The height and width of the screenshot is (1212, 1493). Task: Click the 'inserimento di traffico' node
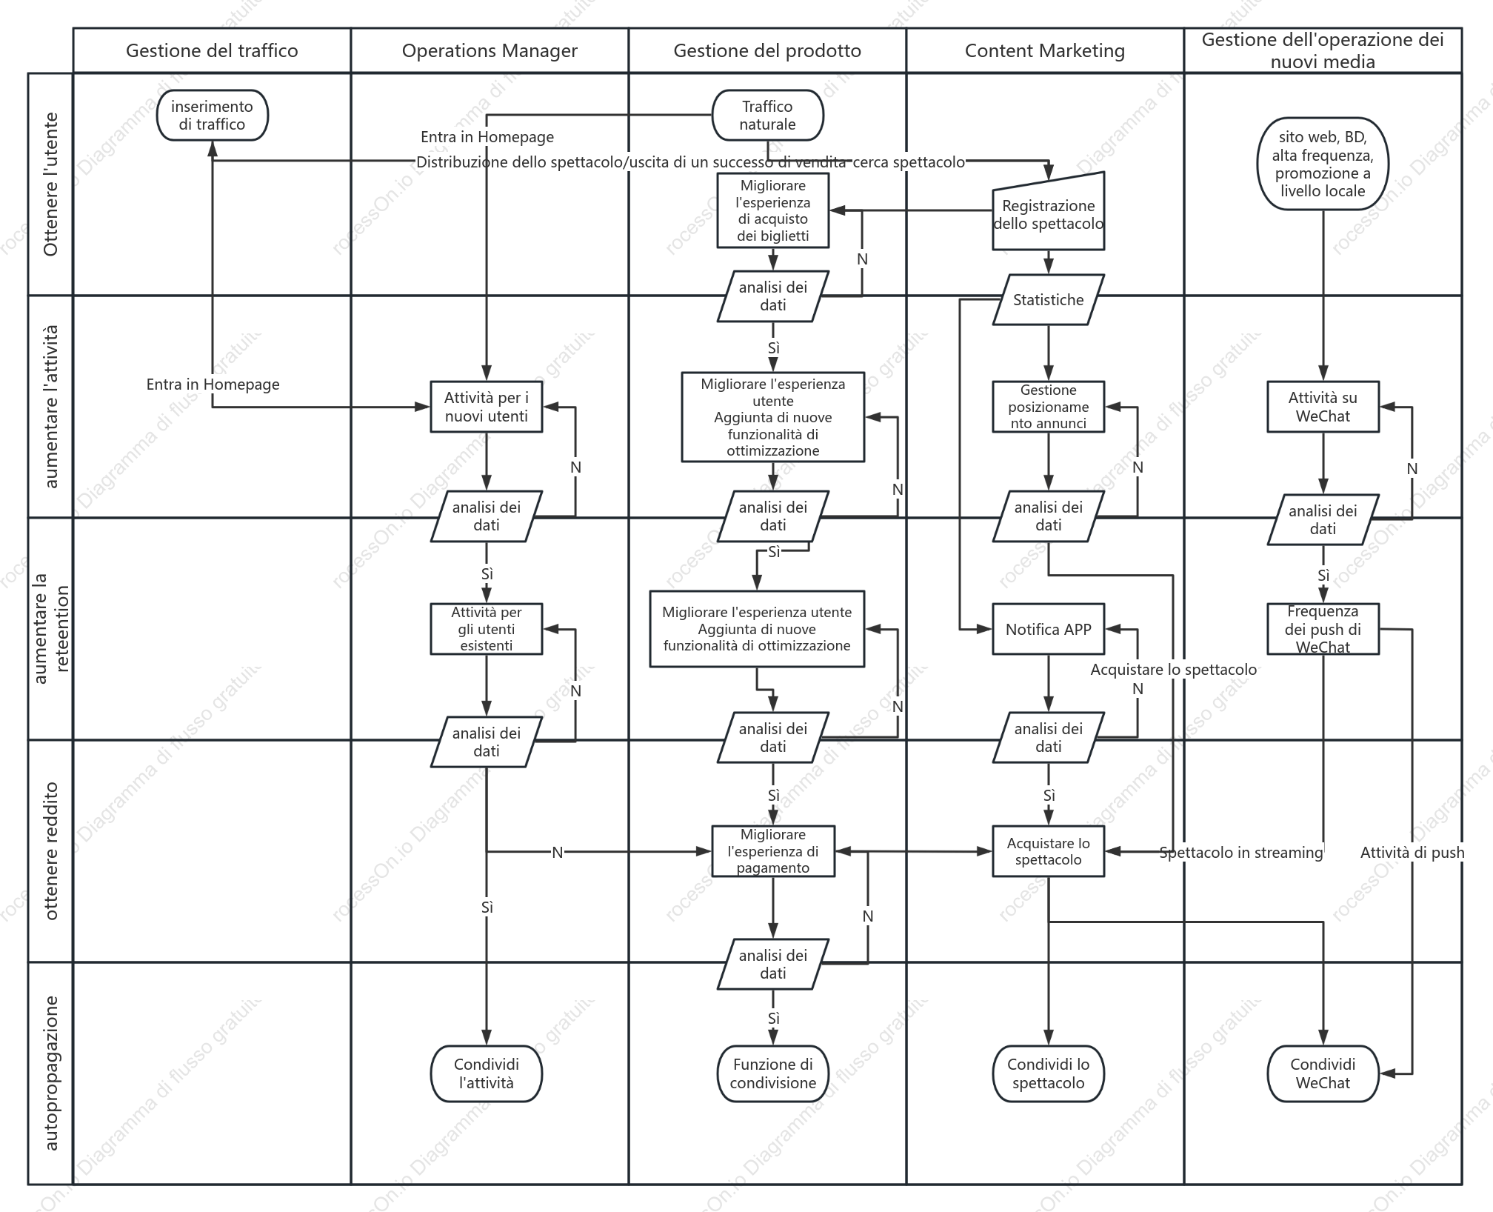click(212, 116)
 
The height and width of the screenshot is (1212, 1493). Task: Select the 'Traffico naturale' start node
click(767, 116)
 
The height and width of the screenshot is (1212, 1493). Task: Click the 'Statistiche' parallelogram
click(1048, 300)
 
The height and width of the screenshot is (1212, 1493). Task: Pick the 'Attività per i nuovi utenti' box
click(487, 407)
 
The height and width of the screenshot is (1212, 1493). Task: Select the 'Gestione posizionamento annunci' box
click(1048, 407)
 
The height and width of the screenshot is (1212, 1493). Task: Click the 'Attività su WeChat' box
click(1323, 407)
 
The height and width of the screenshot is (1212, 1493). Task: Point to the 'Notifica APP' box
click(1048, 629)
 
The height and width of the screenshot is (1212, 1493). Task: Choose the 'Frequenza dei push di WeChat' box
click(1323, 629)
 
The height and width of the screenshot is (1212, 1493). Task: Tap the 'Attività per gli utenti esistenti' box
click(487, 629)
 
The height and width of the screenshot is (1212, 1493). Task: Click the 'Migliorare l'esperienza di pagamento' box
click(773, 851)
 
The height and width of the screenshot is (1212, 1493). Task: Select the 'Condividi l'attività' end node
click(487, 1073)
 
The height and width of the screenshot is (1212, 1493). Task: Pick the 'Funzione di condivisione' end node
click(773, 1073)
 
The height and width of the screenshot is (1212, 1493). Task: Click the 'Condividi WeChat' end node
click(1323, 1073)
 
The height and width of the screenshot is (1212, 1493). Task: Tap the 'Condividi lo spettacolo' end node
click(1048, 1073)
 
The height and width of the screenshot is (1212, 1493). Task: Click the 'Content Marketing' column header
click(1045, 50)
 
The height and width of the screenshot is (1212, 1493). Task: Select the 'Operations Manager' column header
click(490, 50)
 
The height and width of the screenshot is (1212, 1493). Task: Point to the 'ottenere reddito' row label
click(50, 851)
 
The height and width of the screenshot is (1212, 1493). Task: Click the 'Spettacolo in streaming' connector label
click(1241, 853)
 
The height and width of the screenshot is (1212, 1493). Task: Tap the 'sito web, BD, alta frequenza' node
click(1323, 164)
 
